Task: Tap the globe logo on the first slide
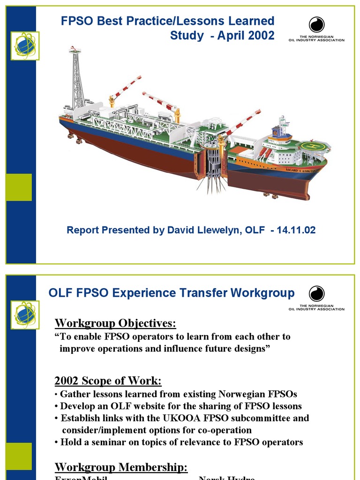coord(25,45)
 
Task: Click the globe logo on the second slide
coord(25,314)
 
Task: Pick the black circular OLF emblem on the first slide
coord(316,25)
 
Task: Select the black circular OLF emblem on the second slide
coord(316,294)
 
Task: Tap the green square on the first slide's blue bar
coord(19,187)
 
